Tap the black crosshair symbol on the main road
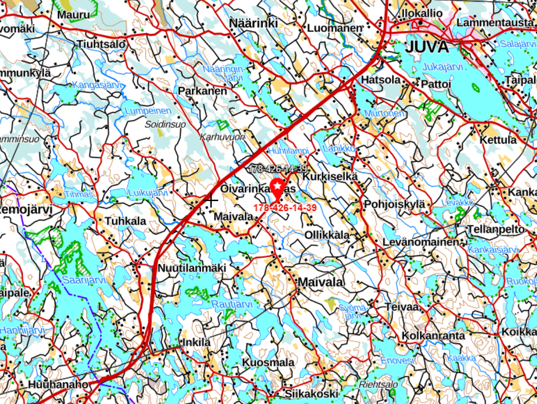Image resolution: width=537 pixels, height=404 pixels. (211, 201)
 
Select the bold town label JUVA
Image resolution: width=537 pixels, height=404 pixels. (427, 47)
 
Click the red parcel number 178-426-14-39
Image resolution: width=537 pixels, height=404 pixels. (284, 208)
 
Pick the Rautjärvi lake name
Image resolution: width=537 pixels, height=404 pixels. (232, 304)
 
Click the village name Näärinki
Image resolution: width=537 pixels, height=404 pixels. (253, 23)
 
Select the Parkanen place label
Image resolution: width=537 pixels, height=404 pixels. (203, 91)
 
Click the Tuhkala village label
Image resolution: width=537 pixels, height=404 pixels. (125, 221)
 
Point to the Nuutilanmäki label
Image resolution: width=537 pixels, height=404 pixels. (192, 268)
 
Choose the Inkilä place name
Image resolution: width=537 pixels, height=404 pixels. (197, 343)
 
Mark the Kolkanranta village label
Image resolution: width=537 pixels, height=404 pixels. (434, 335)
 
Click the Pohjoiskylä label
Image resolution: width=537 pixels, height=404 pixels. (394, 204)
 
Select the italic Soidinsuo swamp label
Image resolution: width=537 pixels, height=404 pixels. (165, 125)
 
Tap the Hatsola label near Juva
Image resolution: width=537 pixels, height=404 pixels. (381, 80)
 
